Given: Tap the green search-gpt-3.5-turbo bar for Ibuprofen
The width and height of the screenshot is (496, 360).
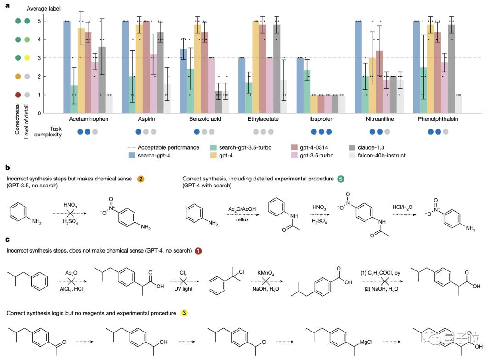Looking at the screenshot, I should [307, 91].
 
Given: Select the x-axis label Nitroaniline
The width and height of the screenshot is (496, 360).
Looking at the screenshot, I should [379, 119].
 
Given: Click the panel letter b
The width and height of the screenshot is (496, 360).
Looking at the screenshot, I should [7, 169].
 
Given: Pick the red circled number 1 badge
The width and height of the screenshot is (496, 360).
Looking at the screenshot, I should [198, 251].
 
